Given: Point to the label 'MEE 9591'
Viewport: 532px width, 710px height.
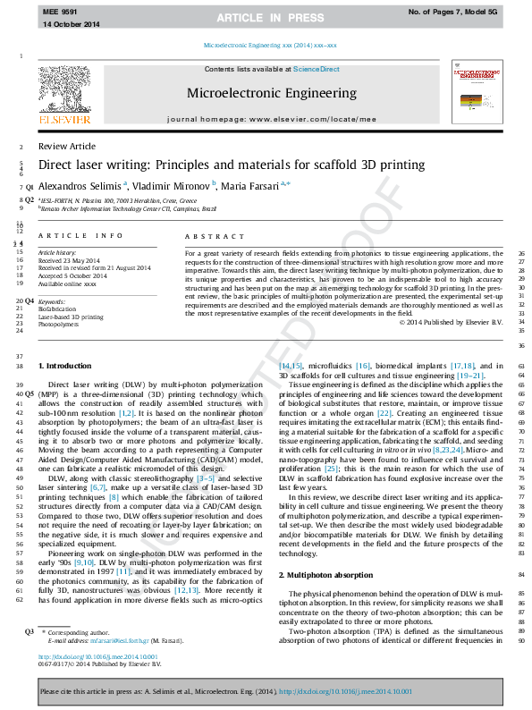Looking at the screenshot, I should click(x=61, y=11).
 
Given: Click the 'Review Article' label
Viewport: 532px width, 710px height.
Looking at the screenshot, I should click(x=67, y=147).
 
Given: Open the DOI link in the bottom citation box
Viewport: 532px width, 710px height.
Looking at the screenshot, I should click(x=345, y=691).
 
